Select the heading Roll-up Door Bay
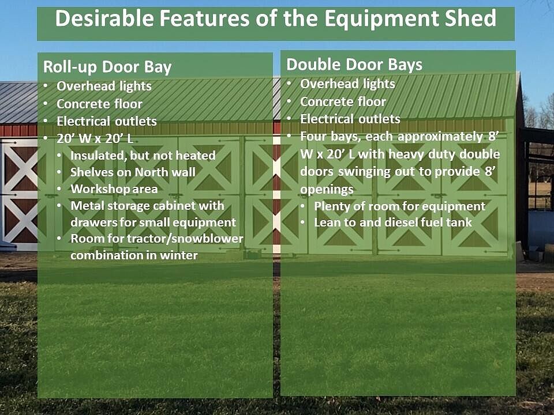(107, 67)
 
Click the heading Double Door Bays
(354, 65)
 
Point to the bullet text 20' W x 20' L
(95, 138)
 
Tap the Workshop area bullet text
(114, 189)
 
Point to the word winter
(179, 255)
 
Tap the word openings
(327, 190)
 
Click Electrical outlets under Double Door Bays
(350, 119)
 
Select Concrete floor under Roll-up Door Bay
(100, 104)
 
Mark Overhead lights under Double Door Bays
(347, 84)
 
